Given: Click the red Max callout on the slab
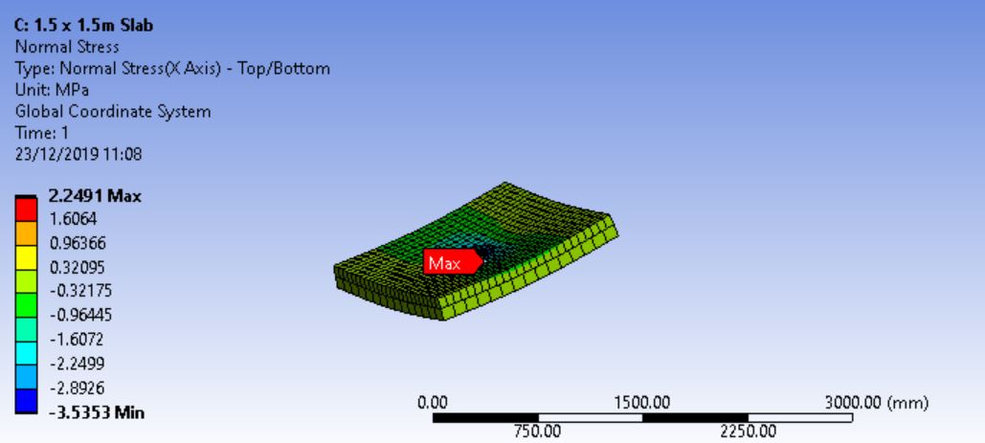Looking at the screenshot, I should click(x=445, y=262).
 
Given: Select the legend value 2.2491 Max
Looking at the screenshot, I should click(x=95, y=196).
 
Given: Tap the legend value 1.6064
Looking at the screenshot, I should click(x=73, y=219).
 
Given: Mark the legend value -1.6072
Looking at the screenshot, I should click(x=77, y=339).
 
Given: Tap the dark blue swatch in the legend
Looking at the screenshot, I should click(x=27, y=401).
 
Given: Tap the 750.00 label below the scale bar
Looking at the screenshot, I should click(x=538, y=432).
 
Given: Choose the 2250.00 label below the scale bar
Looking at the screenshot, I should click(x=748, y=432).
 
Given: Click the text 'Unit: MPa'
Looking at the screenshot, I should click(x=52, y=90).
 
